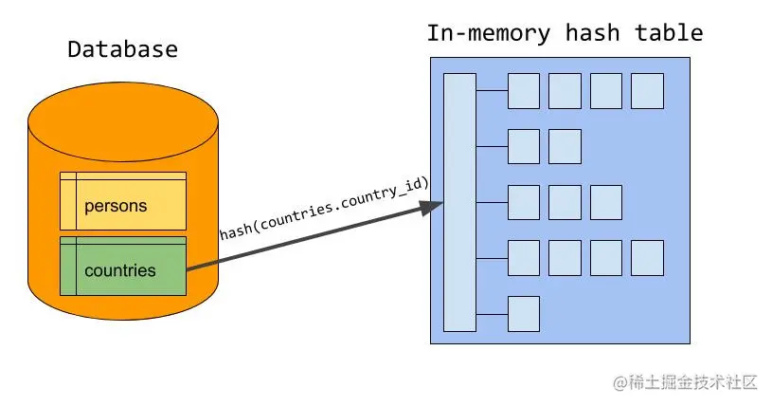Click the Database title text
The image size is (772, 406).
pos(122,49)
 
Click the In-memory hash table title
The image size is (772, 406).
pos(565,33)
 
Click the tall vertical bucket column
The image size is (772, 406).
pos(459,202)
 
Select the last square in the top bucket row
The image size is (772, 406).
pos(647,91)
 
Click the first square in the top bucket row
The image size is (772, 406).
pos(524,91)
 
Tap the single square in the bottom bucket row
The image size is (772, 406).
pos(524,313)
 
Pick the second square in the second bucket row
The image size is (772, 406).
pos(565,146)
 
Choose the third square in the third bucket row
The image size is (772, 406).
pos(605,202)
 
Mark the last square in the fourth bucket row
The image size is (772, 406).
pos(647,257)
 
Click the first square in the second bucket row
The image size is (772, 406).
pos(524,146)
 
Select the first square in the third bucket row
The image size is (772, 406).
pos(524,202)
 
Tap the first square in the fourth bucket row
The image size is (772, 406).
pos(524,257)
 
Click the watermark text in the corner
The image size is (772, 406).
pos(686,382)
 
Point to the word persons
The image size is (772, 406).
pos(116,206)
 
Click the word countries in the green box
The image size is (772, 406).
pos(119,270)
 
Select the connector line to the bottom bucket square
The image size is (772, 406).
pos(492,313)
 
